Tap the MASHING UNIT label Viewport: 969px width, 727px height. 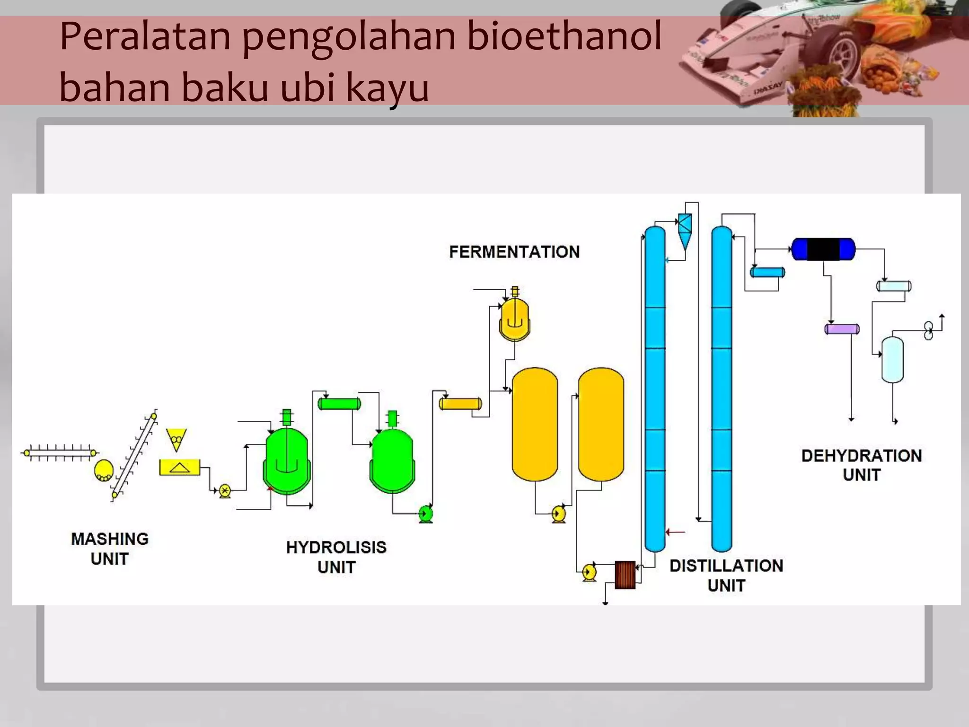109,549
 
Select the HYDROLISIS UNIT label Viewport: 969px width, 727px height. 336,557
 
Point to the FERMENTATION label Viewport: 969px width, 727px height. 514,252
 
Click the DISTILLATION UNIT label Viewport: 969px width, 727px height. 726,575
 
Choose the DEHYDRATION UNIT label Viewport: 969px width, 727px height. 861,465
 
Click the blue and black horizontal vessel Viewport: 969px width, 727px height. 823,249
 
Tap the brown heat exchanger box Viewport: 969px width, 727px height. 625,575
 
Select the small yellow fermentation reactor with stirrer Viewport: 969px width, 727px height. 515,319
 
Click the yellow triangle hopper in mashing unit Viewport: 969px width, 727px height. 176,439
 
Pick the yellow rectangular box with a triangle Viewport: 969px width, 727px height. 179,468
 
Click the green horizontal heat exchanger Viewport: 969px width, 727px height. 339,404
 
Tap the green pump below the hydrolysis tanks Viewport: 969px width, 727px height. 426,513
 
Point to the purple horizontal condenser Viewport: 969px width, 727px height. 842,329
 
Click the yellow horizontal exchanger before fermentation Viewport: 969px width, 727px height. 460,404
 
